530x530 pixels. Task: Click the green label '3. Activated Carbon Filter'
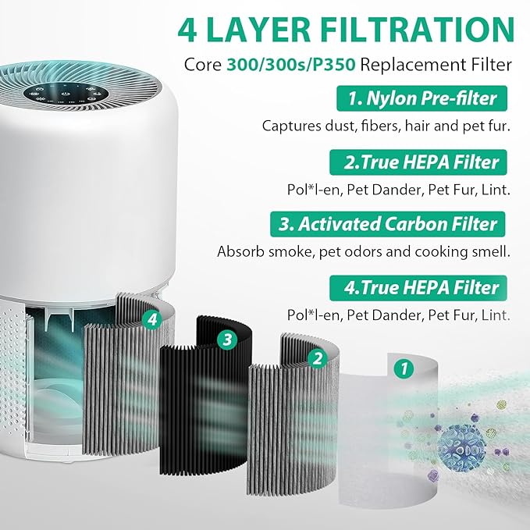(387, 224)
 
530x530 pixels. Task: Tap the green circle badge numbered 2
(317, 358)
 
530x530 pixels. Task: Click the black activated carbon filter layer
(205, 390)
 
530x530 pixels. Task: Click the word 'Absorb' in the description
(238, 252)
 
